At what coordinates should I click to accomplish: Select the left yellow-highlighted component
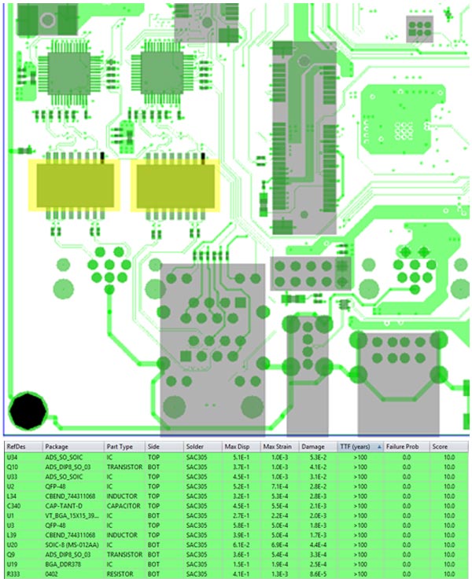click(x=74, y=185)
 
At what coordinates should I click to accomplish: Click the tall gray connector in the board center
click(x=304, y=138)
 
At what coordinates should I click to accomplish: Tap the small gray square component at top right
click(x=419, y=28)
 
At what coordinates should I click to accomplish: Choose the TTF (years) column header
click(x=356, y=445)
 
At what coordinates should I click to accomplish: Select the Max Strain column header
click(x=278, y=445)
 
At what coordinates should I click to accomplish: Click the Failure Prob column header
click(x=400, y=445)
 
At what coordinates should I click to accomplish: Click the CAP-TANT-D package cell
click(x=64, y=506)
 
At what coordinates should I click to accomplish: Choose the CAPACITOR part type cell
click(x=125, y=506)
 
